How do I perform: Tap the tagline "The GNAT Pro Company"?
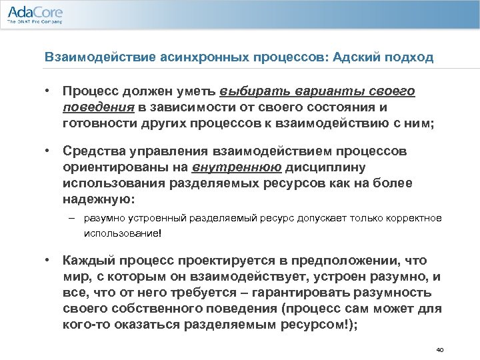click(35, 22)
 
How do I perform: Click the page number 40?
click(438, 349)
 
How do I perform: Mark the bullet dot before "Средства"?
click(49, 151)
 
